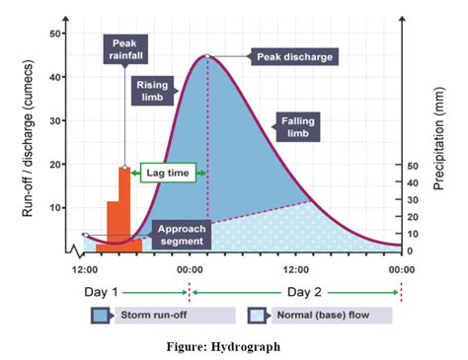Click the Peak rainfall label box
(124, 49)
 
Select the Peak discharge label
(295, 57)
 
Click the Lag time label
(168, 173)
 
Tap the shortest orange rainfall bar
(102, 247)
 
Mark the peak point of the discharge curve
(207, 56)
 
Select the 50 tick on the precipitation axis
(412, 166)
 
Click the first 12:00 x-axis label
(85, 268)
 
